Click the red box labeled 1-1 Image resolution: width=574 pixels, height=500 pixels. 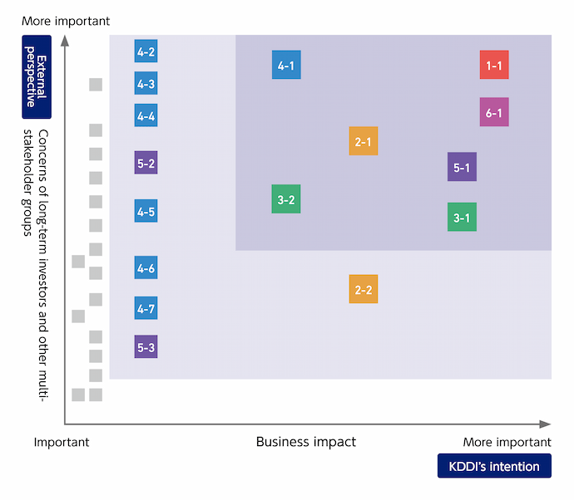494,65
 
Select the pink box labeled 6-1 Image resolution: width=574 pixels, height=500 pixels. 494,112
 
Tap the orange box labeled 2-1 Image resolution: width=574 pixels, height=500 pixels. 364,141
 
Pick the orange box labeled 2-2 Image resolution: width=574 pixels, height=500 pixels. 364,289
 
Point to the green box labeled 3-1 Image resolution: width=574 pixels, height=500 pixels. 462,217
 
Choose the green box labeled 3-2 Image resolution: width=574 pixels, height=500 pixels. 286,199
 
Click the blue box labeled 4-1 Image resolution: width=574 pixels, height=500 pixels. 286,65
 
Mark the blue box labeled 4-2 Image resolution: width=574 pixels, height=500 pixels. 146,51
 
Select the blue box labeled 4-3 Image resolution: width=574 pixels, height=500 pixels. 146,83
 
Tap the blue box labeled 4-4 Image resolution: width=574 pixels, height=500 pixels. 146,115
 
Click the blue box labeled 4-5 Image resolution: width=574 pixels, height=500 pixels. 146,211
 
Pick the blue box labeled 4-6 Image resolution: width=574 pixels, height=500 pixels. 146,267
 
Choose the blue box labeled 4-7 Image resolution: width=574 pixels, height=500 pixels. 146,308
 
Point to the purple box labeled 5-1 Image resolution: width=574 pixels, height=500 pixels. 462,167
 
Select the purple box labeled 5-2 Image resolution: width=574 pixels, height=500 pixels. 146,163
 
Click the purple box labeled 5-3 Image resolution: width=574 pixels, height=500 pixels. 146,346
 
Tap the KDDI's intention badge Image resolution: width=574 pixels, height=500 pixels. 494,466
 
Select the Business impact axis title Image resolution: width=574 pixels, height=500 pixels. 305,442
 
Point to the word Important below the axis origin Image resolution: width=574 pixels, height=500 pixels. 62,442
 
